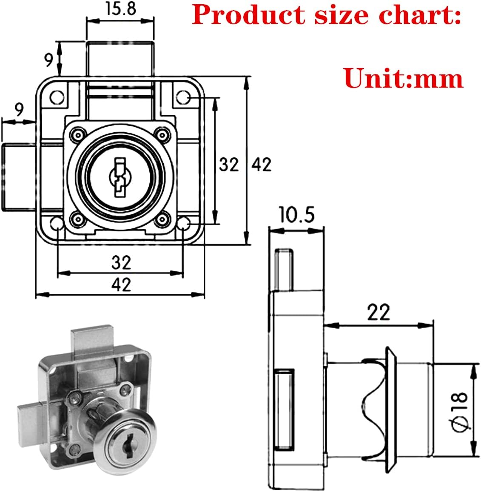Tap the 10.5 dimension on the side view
click(x=296, y=215)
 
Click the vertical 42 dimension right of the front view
click(x=261, y=164)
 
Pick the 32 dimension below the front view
click(x=121, y=262)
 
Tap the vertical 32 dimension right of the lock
click(x=229, y=164)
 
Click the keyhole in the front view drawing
click(x=119, y=177)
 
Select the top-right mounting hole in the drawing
click(x=183, y=97)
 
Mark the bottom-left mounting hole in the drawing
click(x=57, y=224)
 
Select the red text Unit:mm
click(x=403, y=78)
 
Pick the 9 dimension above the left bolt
click(x=19, y=111)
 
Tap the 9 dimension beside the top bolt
click(x=49, y=59)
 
